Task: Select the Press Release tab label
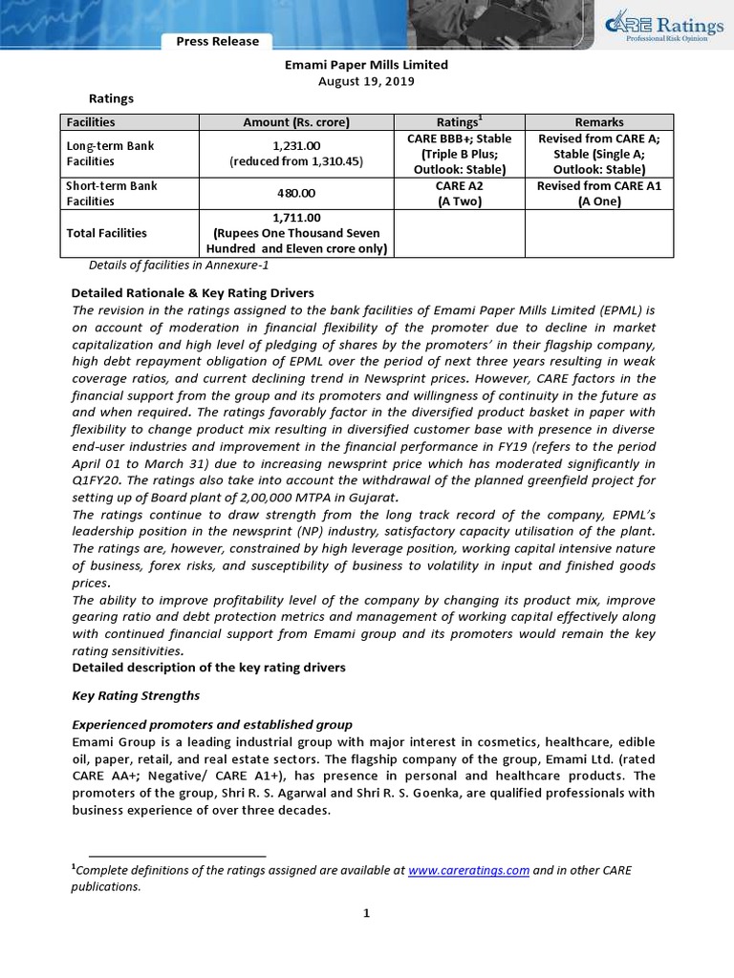[217, 41]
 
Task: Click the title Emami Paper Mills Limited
[367, 65]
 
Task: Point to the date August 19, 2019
[367, 81]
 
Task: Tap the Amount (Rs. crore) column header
[296, 122]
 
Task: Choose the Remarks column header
[599, 122]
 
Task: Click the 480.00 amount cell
[296, 194]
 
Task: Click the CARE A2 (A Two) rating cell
[460, 194]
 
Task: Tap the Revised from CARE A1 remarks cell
[599, 194]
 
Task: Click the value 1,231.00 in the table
[296, 146]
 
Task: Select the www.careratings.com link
[468, 870]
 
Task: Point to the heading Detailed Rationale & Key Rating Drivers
[193, 292]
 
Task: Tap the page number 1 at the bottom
[366, 913]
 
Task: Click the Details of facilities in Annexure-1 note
[172, 265]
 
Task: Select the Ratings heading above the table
[111, 98]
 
